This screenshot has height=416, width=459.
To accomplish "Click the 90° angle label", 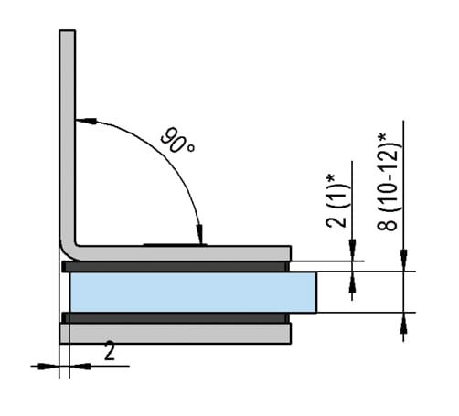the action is click(x=177, y=140).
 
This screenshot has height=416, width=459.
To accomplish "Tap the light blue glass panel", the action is click(x=193, y=293).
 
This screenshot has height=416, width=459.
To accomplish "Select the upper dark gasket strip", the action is click(x=176, y=266).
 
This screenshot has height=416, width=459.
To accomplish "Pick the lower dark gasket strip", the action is click(x=176, y=317).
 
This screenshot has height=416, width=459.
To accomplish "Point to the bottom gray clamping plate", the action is click(x=176, y=334).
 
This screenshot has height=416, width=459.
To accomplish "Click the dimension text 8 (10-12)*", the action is click(x=389, y=182).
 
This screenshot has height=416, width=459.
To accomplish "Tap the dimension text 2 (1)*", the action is click(x=336, y=201).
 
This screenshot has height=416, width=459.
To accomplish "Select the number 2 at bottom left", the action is click(x=110, y=351).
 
